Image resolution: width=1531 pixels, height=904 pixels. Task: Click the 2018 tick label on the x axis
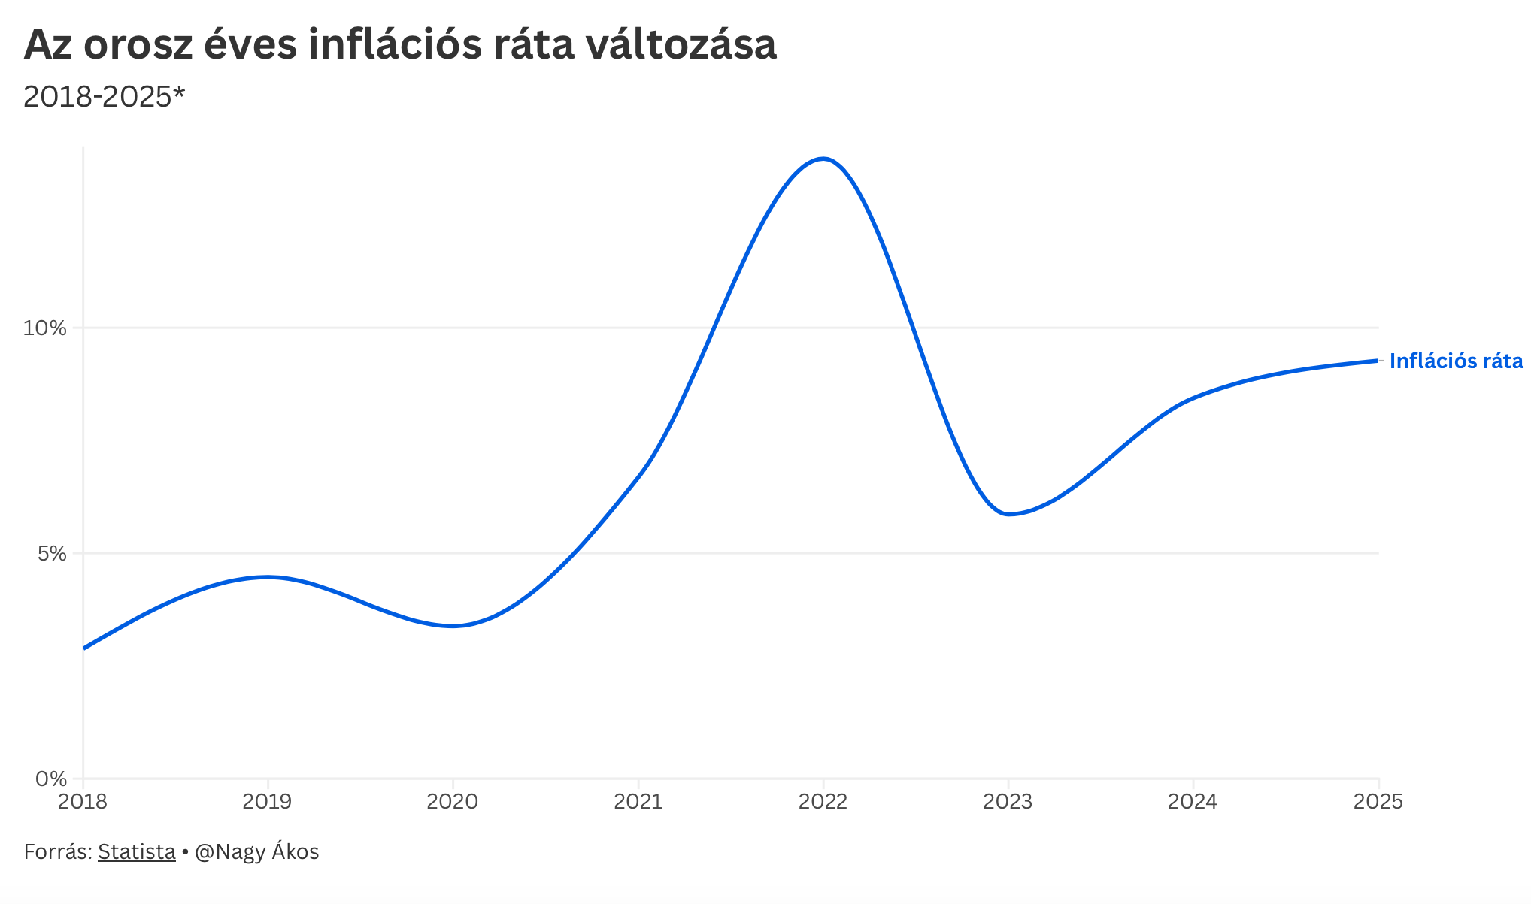(x=83, y=802)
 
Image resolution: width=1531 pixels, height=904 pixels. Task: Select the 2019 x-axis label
(x=267, y=802)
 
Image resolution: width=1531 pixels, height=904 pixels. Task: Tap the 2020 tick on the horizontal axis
(x=452, y=802)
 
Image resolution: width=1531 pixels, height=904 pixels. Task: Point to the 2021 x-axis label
(x=638, y=802)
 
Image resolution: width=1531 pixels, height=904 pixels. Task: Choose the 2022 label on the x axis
(x=823, y=802)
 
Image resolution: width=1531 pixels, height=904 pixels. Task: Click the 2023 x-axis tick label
(x=1008, y=802)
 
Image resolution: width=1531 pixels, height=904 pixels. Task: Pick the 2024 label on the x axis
(x=1193, y=802)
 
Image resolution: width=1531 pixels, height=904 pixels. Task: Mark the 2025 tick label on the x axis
(x=1378, y=802)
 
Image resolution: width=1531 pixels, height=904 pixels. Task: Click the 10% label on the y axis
(x=45, y=328)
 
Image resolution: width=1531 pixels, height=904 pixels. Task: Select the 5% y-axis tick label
(x=52, y=554)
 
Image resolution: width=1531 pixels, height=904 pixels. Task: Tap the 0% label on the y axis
(x=51, y=779)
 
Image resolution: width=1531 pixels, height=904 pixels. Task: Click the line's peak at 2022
(x=824, y=159)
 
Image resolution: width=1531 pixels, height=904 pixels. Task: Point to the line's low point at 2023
(x=1008, y=514)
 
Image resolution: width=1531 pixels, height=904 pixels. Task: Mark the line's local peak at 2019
(x=267, y=577)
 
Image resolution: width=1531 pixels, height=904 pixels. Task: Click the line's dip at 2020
(x=453, y=626)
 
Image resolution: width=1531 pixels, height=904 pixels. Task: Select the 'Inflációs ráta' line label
(x=1456, y=361)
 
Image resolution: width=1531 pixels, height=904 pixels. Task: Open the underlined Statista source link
(x=136, y=852)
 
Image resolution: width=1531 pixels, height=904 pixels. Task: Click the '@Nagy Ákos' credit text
(x=256, y=852)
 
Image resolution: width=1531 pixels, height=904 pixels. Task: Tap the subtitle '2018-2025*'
(x=104, y=97)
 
